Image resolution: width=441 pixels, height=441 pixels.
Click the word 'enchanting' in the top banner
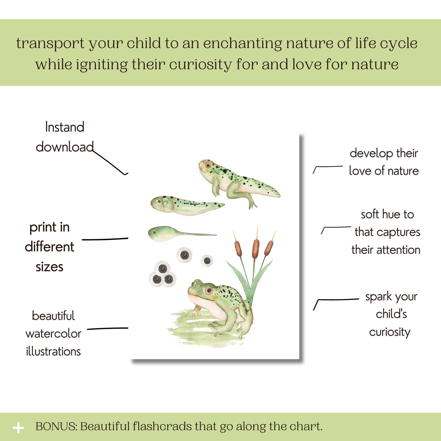[x=242, y=44]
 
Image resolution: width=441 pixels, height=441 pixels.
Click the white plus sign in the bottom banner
[x=18, y=428]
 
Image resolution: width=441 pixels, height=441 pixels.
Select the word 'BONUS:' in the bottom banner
[x=56, y=427]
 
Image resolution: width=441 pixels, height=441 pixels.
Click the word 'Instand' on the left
[x=65, y=127]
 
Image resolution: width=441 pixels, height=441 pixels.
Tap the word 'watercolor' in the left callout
[x=53, y=334]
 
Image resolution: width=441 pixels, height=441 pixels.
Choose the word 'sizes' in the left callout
[x=49, y=267]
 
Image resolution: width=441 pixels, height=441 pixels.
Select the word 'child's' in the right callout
[x=391, y=314]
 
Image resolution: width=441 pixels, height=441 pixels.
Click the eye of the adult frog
[x=209, y=291]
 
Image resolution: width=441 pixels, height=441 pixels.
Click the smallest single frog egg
[x=207, y=260]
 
